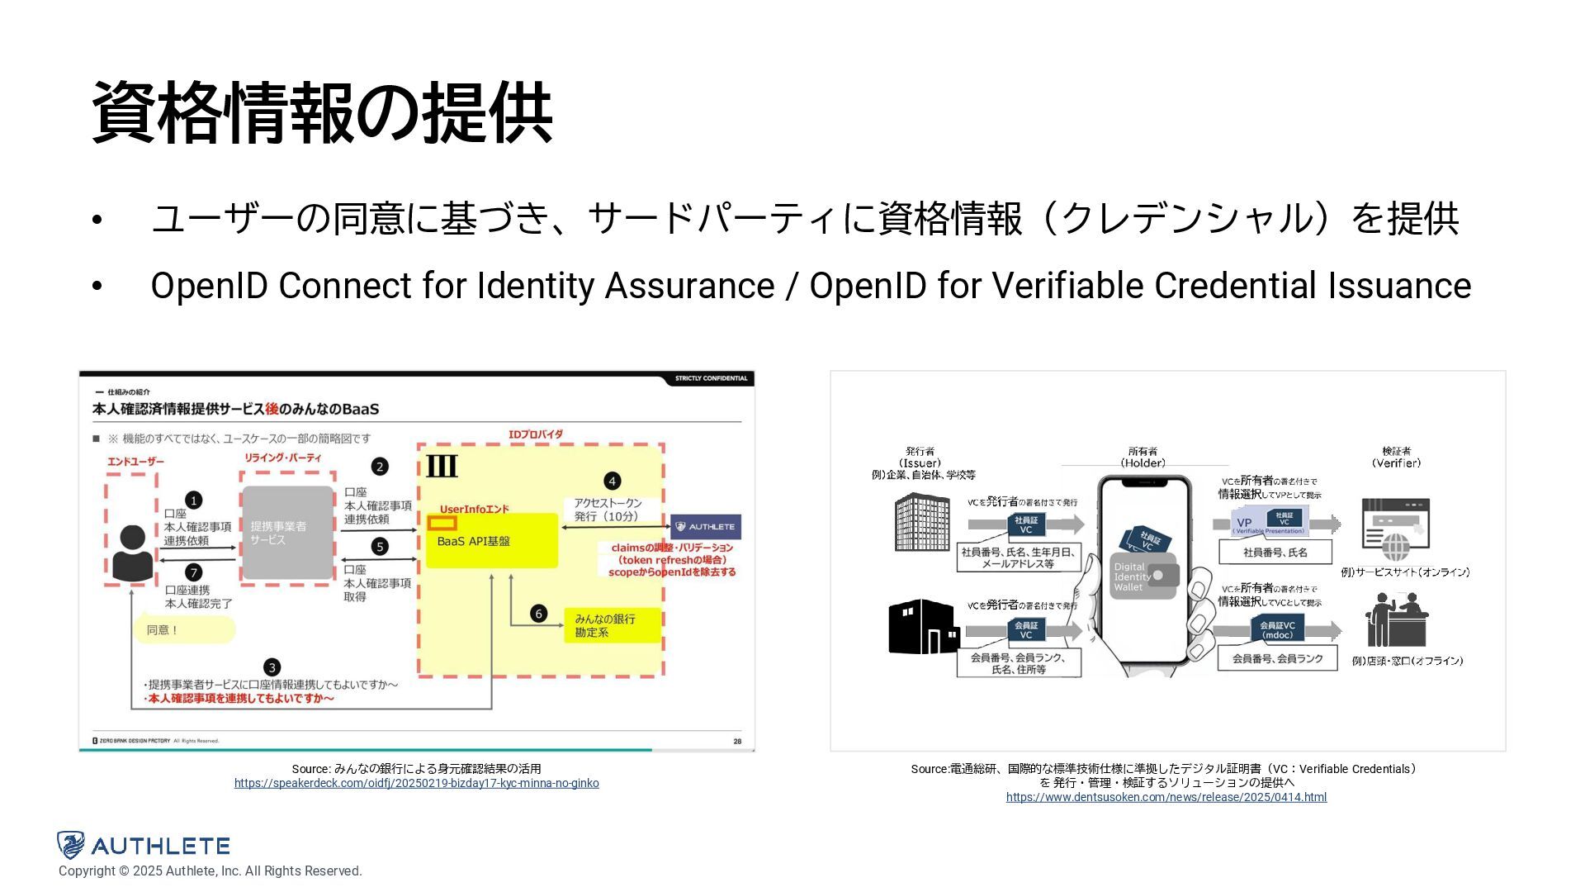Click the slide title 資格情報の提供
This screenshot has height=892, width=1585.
[x=322, y=113]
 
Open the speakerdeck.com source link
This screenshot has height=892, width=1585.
[x=416, y=783]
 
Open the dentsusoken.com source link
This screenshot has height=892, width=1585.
[x=1166, y=797]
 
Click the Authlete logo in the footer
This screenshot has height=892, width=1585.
[x=144, y=845]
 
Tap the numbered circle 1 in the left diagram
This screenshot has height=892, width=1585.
[x=193, y=501]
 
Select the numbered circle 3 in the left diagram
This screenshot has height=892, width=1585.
[x=272, y=667]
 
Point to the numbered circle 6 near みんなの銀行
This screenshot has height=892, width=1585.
[x=538, y=614]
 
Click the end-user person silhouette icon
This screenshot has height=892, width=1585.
[x=132, y=553]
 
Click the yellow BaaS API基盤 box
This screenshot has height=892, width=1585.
[x=492, y=541]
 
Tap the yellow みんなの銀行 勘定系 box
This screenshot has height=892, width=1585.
[x=613, y=625]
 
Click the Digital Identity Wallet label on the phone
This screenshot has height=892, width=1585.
[x=1133, y=576]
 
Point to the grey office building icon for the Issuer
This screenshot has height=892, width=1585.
[x=922, y=522]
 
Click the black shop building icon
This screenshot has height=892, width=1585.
[x=923, y=627]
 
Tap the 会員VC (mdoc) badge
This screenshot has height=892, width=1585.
[x=1277, y=630]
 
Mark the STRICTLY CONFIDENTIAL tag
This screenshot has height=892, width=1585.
[x=711, y=378]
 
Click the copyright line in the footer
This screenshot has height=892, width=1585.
[x=211, y=871]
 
